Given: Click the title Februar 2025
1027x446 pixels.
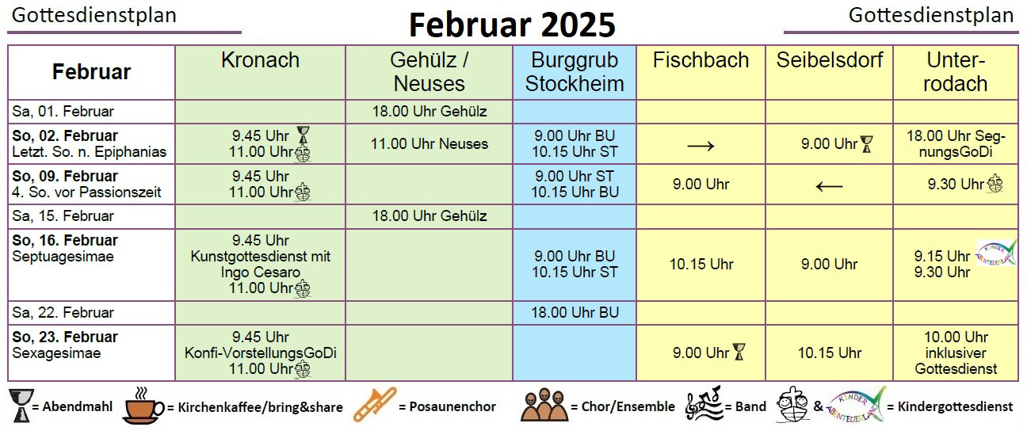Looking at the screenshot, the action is [512, 25].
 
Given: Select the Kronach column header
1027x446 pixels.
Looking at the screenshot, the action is [261, 60].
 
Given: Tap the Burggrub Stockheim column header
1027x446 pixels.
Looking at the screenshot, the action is [575, 72].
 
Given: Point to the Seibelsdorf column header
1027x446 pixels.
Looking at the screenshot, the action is [830, 60].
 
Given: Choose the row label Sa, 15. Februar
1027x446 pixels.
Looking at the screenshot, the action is [63, 216].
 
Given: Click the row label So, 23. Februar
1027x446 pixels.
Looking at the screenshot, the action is [65, 337].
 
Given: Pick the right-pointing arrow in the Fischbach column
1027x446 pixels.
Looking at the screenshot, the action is [701, 147].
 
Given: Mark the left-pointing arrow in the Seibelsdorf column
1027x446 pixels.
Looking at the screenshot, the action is [830, 186].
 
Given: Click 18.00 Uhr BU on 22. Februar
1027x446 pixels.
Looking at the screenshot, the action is [575, 313].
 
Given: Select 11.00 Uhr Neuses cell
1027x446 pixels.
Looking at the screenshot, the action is [430, 144].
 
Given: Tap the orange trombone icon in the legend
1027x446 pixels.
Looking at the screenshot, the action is [375, 404].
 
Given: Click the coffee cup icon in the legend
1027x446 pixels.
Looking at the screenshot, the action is [143, 406].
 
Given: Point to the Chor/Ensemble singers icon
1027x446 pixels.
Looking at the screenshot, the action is [544, 404].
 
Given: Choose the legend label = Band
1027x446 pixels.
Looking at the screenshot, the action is [746, 406].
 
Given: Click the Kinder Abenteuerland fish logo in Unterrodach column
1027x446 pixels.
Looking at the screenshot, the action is [996, 253].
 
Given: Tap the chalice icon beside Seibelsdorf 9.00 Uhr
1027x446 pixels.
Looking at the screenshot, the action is [867, 144].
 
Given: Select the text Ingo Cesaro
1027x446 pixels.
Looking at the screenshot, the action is [261, 273].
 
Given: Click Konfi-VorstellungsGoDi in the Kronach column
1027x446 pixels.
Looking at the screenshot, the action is [261, 353].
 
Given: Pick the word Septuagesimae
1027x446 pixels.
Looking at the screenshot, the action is [63, 256].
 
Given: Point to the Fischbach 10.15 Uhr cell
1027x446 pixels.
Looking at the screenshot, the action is [701, 264].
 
